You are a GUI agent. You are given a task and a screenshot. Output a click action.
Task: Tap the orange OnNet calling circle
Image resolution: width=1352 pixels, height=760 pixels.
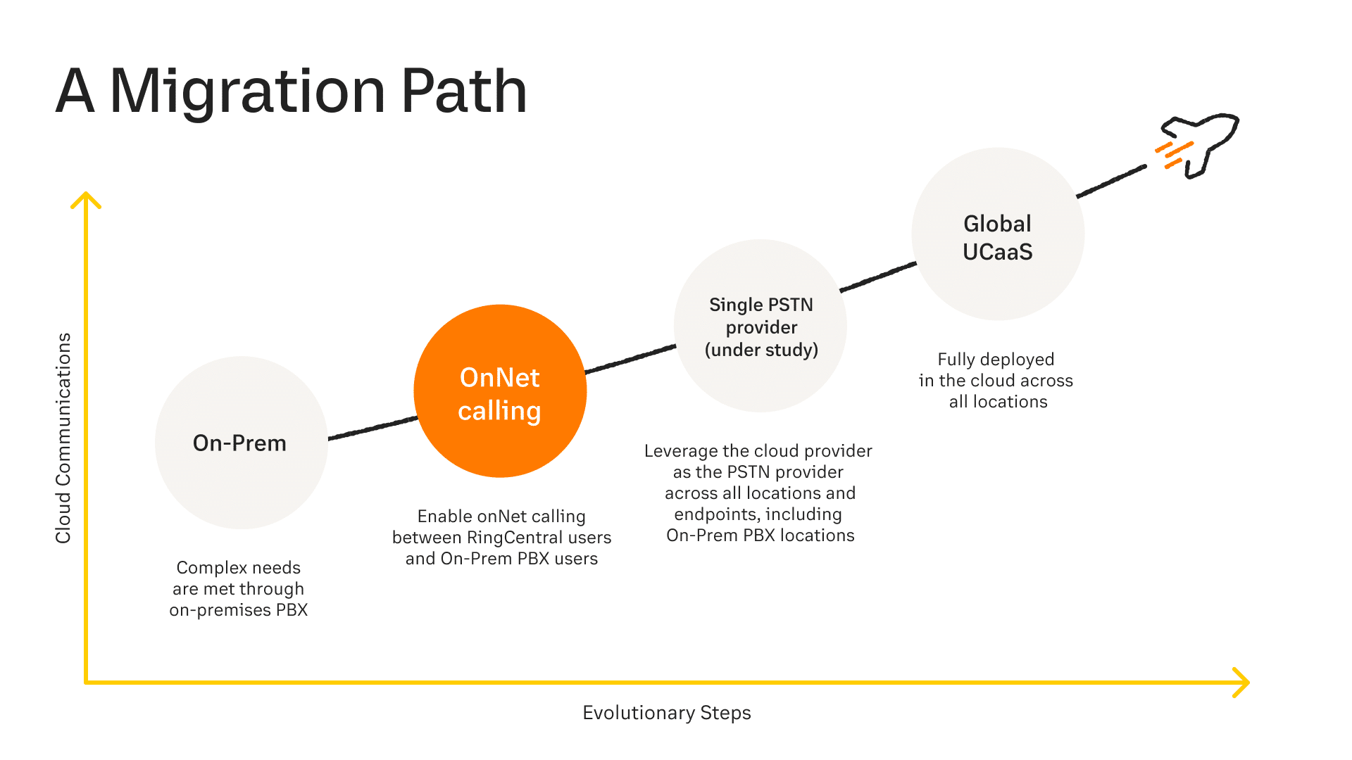tap(500, 391)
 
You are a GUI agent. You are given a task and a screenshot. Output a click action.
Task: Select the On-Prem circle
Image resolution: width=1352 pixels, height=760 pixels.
tap(241, 443)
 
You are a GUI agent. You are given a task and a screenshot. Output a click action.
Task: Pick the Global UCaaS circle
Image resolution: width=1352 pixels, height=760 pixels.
tap(998, 234)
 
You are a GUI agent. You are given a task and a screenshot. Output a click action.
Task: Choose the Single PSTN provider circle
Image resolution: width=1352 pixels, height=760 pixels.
tap(760, 326)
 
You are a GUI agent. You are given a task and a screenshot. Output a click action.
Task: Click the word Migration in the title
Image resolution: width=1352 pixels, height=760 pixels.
tap(247, 91)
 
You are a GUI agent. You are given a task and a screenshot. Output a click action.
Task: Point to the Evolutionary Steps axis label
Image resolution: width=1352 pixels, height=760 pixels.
tap(667, 713)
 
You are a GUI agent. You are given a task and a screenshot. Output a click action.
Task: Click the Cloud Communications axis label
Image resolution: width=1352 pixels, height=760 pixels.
tap(63, 438)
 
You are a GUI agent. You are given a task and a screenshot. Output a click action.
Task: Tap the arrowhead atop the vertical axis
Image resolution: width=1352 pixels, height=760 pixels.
tap(86, 200)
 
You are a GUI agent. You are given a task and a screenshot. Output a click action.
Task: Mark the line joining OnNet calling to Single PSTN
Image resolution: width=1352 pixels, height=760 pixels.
tap(630, 359)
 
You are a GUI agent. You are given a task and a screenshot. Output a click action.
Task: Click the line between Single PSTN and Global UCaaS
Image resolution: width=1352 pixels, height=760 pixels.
tap(878, 277)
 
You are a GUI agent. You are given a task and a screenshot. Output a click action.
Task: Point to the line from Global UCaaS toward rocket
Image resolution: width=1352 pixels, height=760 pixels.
tap(1111, 182)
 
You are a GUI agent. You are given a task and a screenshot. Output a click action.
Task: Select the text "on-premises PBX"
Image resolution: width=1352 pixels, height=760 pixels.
tap(239, 610)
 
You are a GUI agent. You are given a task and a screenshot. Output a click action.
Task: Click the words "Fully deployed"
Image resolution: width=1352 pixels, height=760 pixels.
tap(996, 360)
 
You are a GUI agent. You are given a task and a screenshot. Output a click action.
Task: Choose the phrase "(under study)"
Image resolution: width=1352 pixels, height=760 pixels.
tap(761, 350)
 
